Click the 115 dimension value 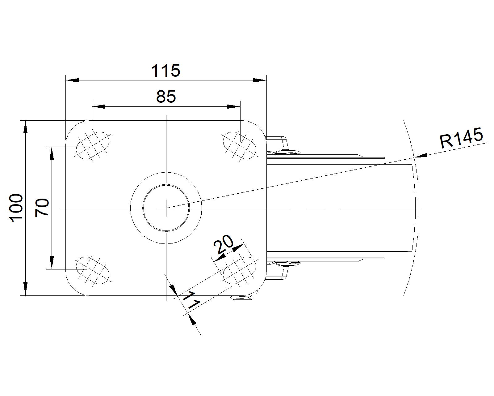point(165,71)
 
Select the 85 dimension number point(166,97)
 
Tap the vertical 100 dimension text point(16,208)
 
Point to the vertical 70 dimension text point(42,208)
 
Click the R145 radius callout point(461,138)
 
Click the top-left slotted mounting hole point(93,146)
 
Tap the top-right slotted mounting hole point(240,145)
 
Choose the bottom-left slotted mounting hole point(93,270)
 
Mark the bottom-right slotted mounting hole point(240,270)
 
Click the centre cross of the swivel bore point(166,208)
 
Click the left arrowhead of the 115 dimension point(72,80)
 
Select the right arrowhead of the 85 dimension point(233,106)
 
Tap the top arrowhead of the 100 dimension point(25,127)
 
